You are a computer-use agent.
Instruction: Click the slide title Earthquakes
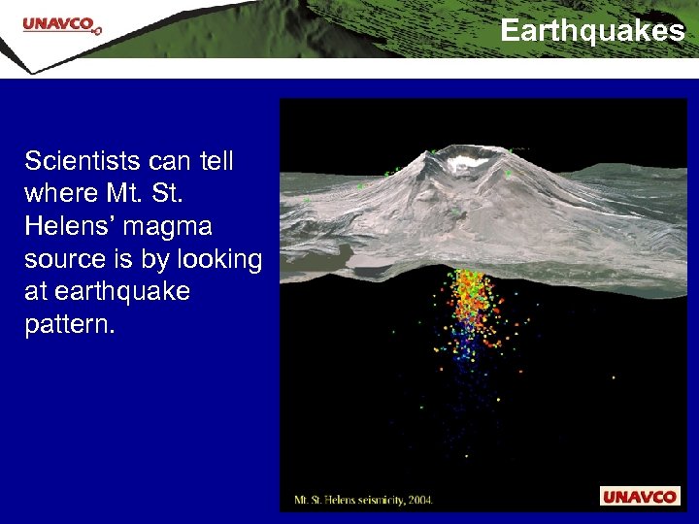pos(592,31)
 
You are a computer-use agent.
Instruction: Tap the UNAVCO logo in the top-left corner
pos(61,25)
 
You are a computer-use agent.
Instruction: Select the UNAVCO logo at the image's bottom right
pos(639,497)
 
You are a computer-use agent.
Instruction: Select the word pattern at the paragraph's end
pos(69,324)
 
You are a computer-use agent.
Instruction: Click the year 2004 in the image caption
pos(419,501)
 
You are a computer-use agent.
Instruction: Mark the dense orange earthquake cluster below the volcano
pos(470,301)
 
